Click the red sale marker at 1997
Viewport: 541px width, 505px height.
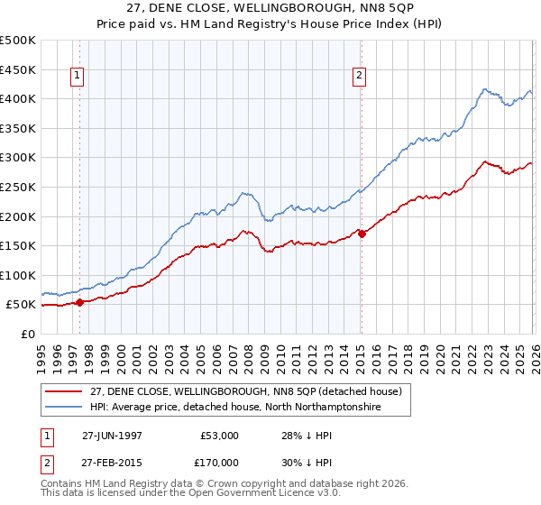coord(80,302)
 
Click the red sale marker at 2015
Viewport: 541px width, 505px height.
coord(362,234)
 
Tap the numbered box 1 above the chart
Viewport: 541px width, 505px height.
coord(78,77)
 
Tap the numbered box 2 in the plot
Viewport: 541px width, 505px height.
coord(360,77)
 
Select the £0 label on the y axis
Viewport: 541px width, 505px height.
coord(28,334)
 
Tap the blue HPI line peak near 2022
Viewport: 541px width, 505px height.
coord(485,89)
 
